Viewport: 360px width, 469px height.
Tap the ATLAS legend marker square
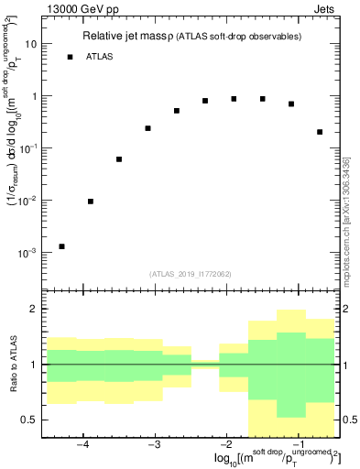[x=70, y=57]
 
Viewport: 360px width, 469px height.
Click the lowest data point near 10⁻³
[x=61, y=246]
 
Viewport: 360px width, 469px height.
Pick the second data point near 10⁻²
[x=90, y=202]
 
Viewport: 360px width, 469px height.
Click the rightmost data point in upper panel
[x=320, y=132]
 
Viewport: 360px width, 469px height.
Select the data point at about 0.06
[x=119, y=159]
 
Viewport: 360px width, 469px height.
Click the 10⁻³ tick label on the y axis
[x=27, y=252]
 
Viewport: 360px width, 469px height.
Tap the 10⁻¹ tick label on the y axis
[x=27, y=147]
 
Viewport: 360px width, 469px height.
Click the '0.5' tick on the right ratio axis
[x=348, y=420]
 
